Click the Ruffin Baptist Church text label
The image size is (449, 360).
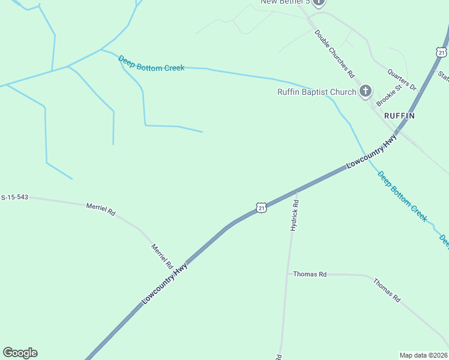pyautogui.click(x=316, y=92)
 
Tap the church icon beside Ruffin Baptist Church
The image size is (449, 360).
pyautogui.click(x=365, y=91)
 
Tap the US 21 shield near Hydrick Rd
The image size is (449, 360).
pyautogui.click(x=260, y=208)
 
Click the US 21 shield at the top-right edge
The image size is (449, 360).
pyautogui.click(x=442, y=52)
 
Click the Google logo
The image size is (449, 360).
pyautogui.click(x=20, y=353)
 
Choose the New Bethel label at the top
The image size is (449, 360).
pyautogui.click(x=285, y=2)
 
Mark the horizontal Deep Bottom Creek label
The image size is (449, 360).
pyautogui.click(x=151, y=64)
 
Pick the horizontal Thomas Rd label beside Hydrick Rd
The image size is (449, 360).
pyautogui.click(x=310, y=274)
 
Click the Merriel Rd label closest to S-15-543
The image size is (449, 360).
pyautogui.click(x=101, y=209)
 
